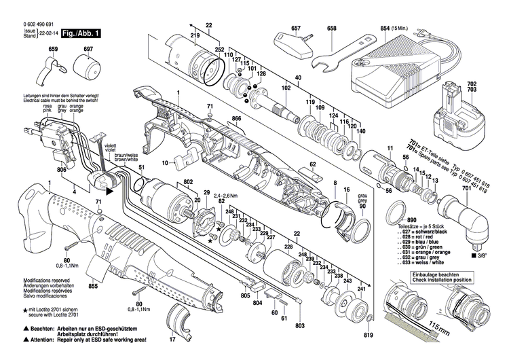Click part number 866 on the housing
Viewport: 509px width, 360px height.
[x=236, y=119]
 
